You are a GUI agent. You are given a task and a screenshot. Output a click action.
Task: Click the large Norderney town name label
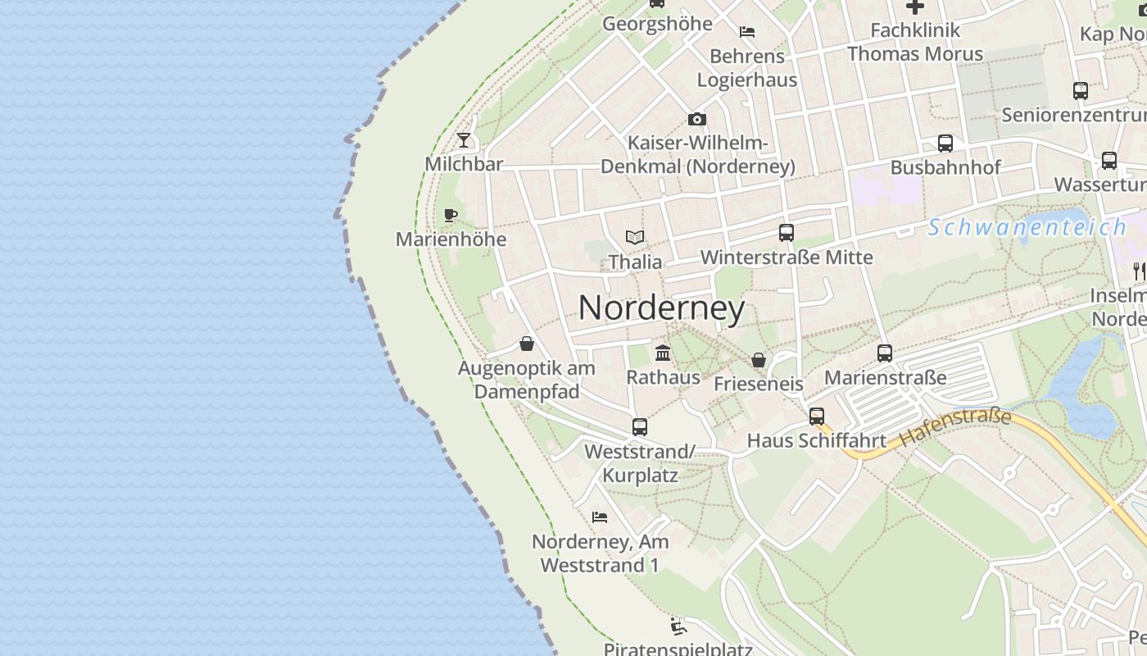click(x=662, y=308)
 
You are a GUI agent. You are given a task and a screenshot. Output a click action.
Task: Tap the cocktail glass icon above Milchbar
click(x=464, y=139)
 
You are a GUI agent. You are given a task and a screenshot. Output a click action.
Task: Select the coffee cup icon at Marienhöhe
click(x=450, y=215)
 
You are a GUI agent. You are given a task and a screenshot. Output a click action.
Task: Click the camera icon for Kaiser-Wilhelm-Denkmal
click(x=697, y=120)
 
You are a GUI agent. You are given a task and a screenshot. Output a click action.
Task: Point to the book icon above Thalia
click(x=635, y=237)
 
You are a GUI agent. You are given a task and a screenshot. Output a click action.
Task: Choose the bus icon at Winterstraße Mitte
click(x=787, y=233)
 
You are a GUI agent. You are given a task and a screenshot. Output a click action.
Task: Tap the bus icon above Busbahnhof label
click(x=945, y=143)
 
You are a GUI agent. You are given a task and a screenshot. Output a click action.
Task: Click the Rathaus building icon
click(x=663, y=353)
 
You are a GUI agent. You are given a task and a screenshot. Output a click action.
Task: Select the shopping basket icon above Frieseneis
click(x=759, y=360)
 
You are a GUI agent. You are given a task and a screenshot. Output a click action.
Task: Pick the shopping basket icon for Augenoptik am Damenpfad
click(x=527, y=344)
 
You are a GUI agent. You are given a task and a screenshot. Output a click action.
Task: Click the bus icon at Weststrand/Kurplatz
click(x=640, y=427)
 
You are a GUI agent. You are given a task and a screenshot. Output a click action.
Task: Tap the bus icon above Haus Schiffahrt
click(x=817, y=417)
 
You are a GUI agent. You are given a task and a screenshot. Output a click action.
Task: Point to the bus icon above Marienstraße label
click(x=885, y=353)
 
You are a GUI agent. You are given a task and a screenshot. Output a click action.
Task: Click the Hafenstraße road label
click(x=955, y=428)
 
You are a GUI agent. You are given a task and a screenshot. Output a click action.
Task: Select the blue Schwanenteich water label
click(x=1027, y=227)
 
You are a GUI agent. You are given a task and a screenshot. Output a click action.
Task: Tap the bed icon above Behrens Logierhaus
click(x=747, y=32)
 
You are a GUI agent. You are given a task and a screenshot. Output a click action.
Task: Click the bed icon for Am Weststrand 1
click(x=600, y=517)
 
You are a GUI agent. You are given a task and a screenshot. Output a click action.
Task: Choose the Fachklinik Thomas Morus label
click(x=914, y=42)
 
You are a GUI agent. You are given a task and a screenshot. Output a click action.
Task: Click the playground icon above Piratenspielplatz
click(x=678, y=627)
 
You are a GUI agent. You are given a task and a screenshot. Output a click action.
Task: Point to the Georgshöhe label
click(x=657, y=24)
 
